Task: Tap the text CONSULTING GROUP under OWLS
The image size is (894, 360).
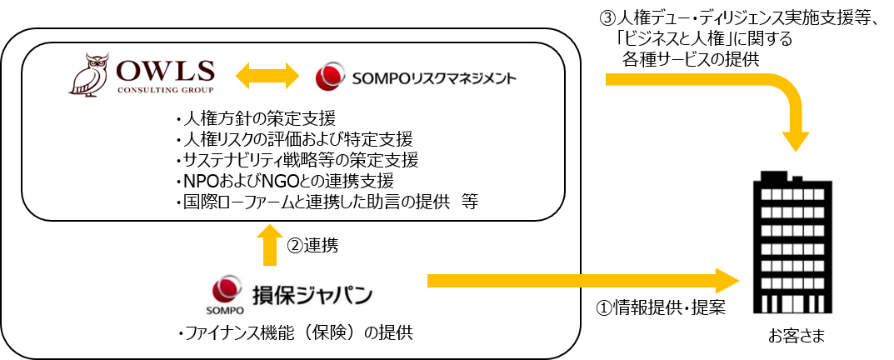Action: pos(165,90)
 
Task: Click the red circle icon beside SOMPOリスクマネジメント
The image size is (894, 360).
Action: pos(327,77)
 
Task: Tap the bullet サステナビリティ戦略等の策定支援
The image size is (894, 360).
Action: pos(297,158)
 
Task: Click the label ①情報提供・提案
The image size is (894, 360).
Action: pos(662,307)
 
